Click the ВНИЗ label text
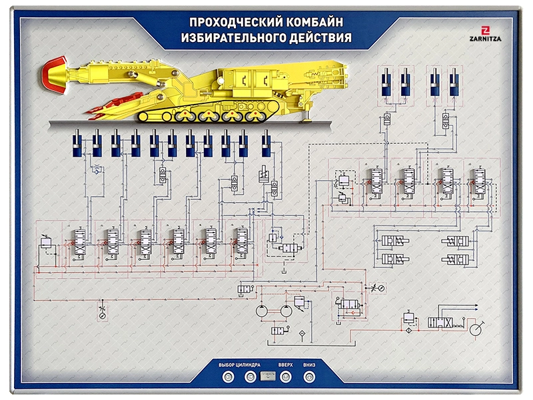tap(308, 365)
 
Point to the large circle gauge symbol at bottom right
tap(476, 329)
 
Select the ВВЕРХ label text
tap(286, 365)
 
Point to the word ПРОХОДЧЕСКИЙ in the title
tap(226, 21)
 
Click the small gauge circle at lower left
tap(101, 317)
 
